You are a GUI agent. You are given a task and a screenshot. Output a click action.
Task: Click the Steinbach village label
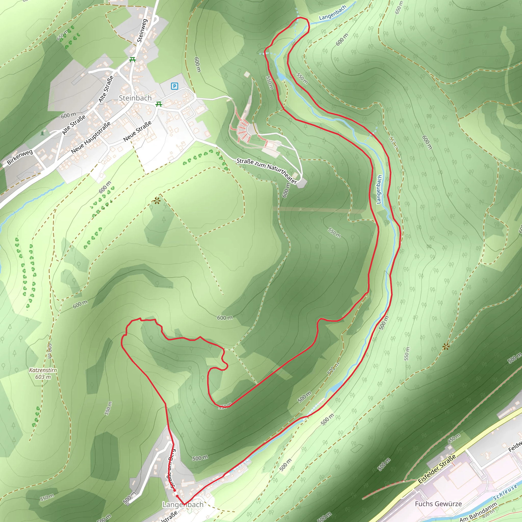click(x=135, y=98)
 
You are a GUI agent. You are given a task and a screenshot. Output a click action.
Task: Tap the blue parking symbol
click(x=175, y=86)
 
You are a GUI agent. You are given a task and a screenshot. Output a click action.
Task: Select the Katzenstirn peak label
click(x=43, y=370)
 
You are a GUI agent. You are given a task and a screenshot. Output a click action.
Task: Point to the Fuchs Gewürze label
click(x=438, y=504)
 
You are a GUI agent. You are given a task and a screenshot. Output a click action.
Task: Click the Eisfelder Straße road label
click(x=437, y=469)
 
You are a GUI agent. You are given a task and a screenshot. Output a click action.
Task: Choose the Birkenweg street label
click(x=20, y=157)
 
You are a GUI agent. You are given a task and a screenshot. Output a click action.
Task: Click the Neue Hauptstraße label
click(x=91, y=138)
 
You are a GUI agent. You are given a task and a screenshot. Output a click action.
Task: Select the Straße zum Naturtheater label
click(x=267, y=171)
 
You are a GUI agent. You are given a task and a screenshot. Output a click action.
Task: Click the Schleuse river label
click(x=505, y=492)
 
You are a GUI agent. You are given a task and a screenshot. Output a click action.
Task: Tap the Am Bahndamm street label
click(x=478, y=512)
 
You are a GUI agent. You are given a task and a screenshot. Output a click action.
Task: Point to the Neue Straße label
click(x=137, y=131)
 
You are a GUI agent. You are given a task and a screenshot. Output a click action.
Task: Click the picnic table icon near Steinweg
click(x=132, y=59)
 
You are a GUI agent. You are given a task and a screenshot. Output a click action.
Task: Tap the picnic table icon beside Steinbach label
click(x=159, y=104)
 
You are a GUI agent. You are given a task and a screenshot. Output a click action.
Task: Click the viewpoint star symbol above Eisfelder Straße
click(x=446, y=347)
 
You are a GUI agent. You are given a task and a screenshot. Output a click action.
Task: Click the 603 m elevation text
click(x=43, y=377)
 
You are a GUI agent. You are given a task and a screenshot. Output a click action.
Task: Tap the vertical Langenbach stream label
click(x=379, y=189)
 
